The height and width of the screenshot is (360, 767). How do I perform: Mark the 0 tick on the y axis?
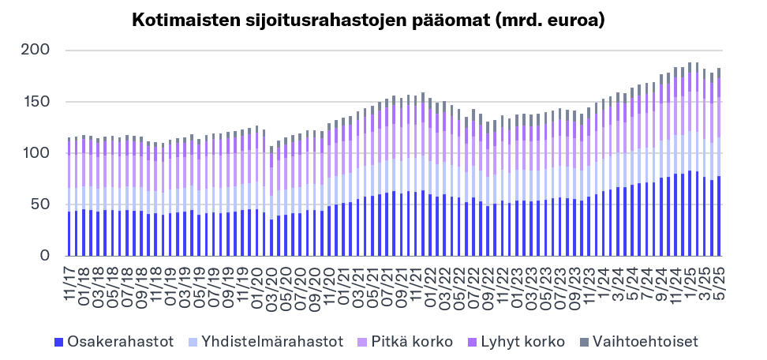45,256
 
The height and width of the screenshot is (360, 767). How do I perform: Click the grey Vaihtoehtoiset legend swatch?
585,342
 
